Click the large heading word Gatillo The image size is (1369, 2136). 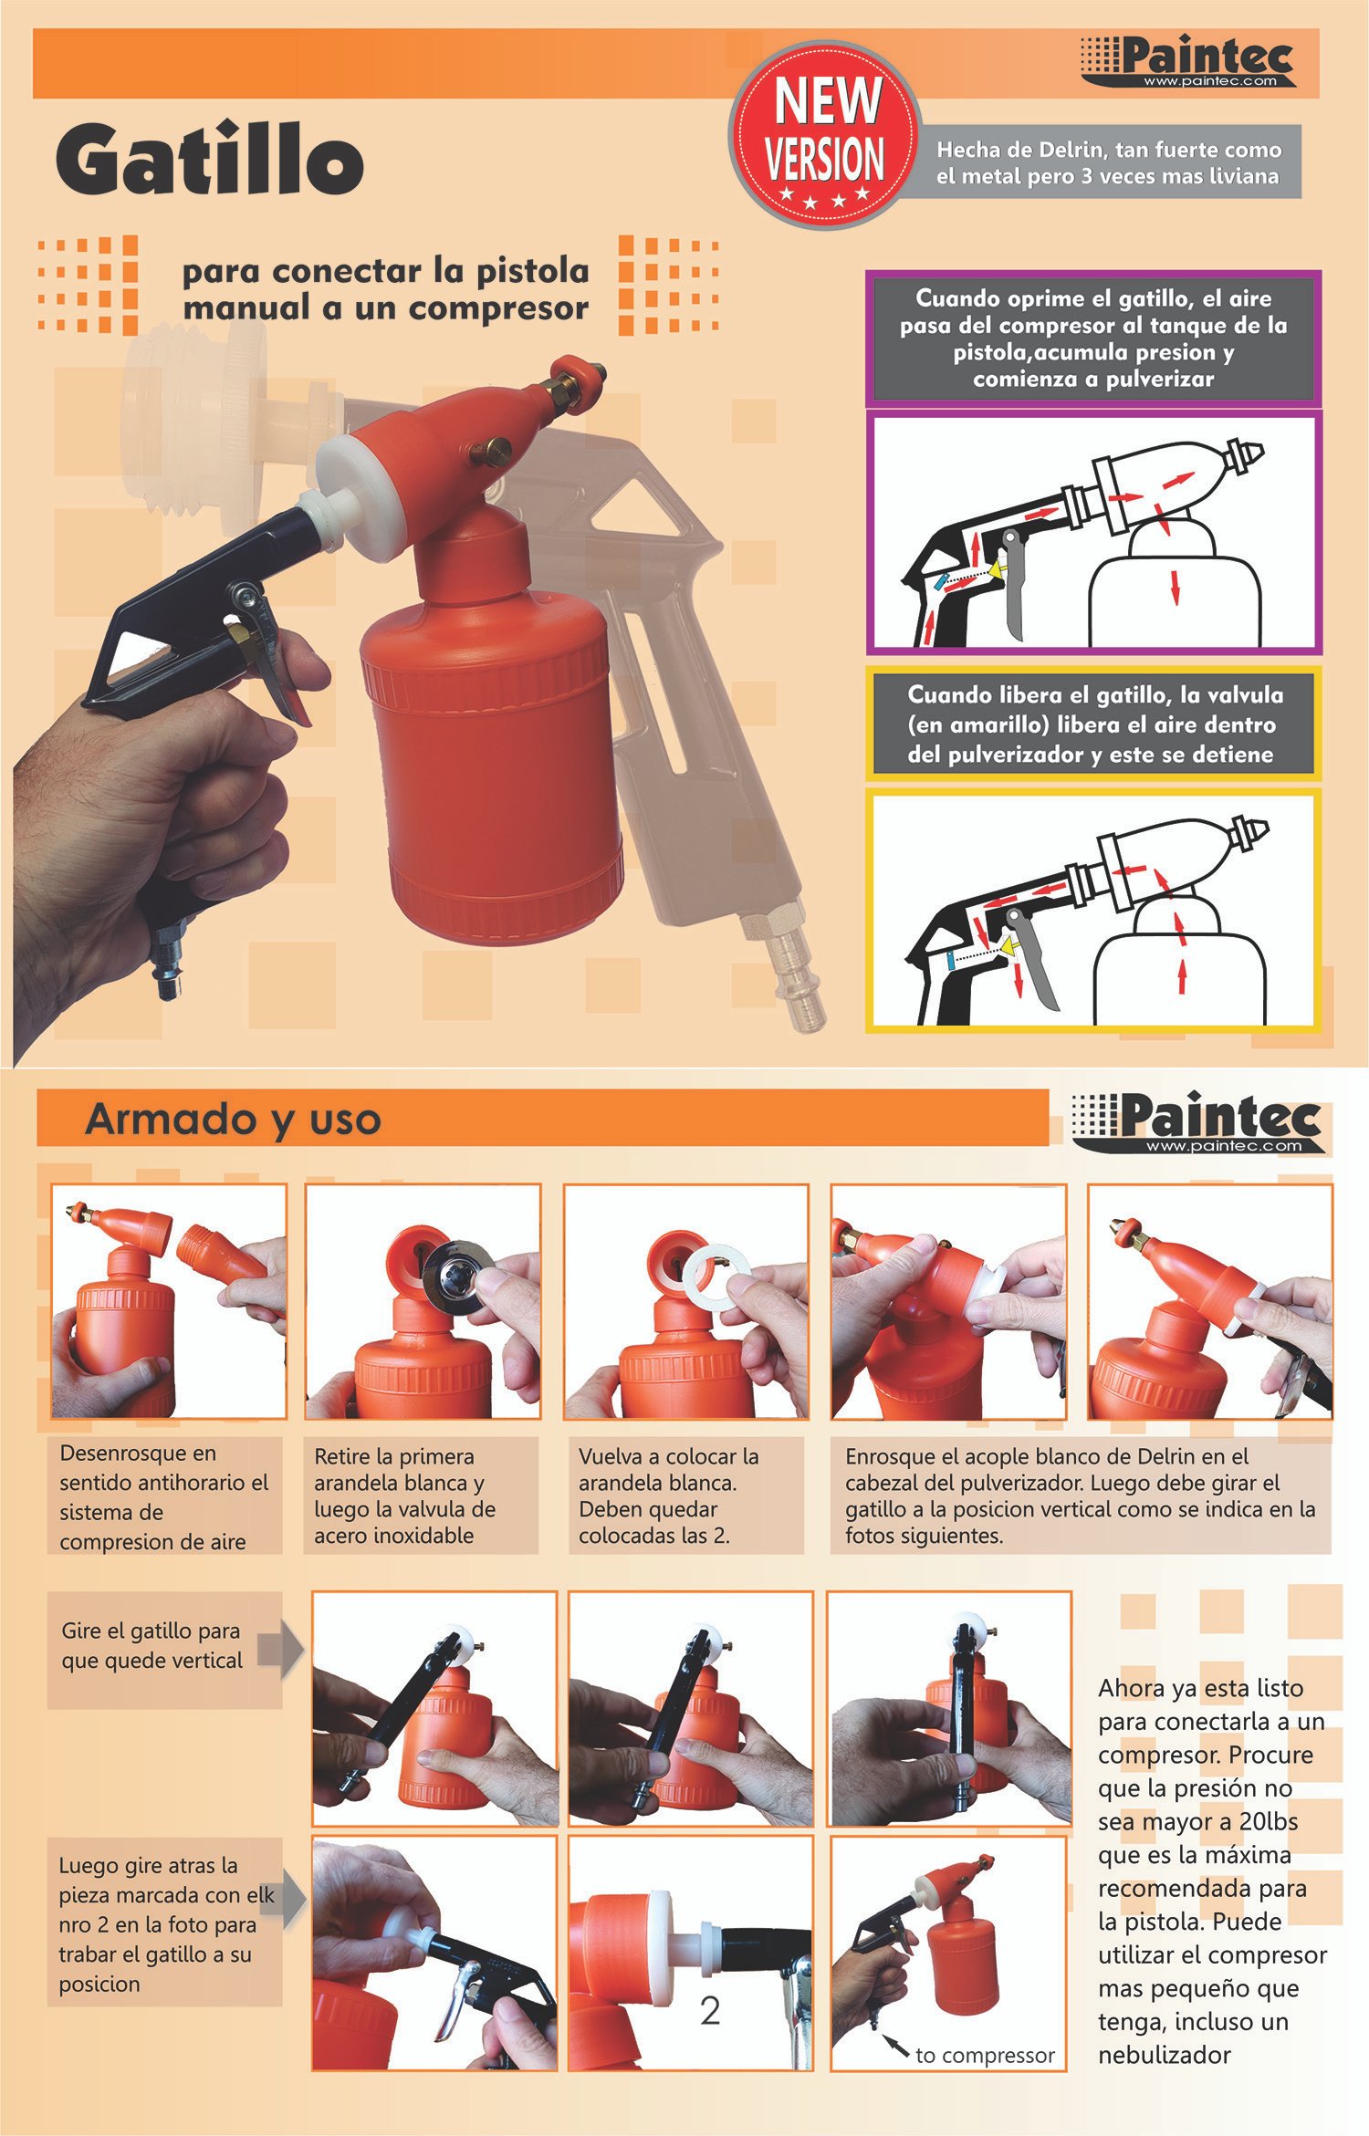[x=210, y=159]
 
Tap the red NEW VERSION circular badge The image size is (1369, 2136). [x=824, y=135]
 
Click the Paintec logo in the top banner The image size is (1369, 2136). [x=1188, y=62]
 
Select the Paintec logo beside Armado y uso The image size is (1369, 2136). [x=1198, y=1123]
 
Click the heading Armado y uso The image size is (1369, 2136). [x=233, y=1120]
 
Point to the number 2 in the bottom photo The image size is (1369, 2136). [x=710, y=2011]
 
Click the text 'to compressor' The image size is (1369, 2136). [x=985, y=2056]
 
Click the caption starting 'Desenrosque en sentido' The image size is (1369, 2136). [x=164, y=1496]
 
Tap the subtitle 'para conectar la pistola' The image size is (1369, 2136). [x=385, y=272]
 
